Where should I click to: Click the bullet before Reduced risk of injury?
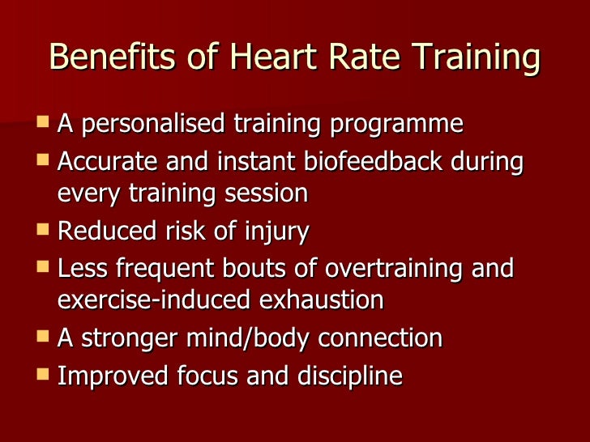point(43,230)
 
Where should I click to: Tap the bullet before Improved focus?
point(43,374)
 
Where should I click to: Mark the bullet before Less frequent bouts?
point(43,266)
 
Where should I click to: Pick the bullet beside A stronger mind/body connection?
point(43,336)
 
